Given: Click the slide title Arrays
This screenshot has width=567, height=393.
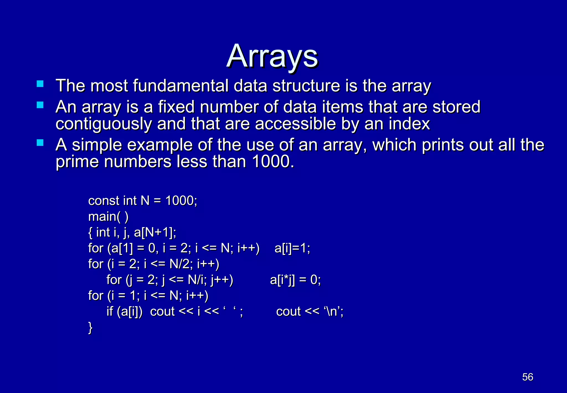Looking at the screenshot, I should coord(272,56).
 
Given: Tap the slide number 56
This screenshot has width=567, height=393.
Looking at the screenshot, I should coord(528,377).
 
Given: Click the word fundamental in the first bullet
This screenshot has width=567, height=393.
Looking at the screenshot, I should coord(181,86).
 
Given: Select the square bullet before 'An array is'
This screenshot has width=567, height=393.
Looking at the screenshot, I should coord(40,105).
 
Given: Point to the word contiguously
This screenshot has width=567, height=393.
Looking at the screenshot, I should coord(104,124).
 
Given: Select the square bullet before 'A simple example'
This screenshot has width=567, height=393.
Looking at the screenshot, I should coord(40,143).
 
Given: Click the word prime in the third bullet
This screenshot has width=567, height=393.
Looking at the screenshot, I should coord(77,162).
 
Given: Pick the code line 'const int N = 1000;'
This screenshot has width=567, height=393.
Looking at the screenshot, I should coord(143,201).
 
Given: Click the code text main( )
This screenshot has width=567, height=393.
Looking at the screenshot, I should coord(108,217).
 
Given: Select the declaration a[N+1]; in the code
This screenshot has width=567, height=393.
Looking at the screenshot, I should coord(155,232).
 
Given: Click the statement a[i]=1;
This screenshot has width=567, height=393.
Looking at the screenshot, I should coord(292,248).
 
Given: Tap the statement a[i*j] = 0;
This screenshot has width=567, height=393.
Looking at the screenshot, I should coord(295,280).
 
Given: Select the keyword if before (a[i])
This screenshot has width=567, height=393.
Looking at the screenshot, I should coord(110,312).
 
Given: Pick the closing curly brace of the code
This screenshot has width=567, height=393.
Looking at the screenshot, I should coord(90,328).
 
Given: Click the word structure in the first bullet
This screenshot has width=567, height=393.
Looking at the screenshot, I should coord(306,86).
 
